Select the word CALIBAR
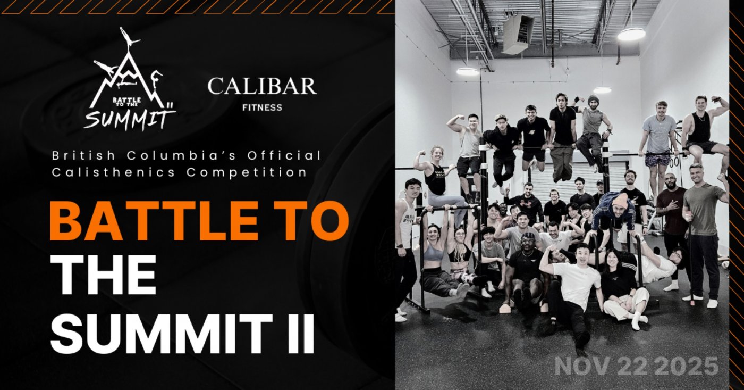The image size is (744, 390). click(x=261, y=87)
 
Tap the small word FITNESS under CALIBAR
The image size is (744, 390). click(x=262, y=107)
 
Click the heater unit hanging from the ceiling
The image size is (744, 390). click(x=518, y=34)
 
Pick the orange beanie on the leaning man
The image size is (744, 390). click(x=619, y=200)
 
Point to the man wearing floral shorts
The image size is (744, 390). click(x=657, y=138)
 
